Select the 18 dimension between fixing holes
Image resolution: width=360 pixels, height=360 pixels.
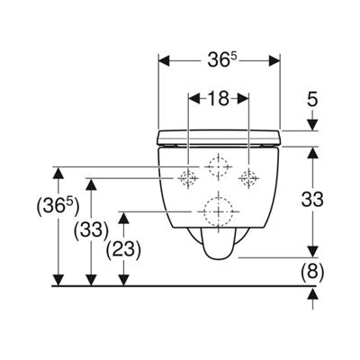[218, 99]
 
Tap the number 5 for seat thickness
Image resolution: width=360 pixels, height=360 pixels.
[312, 100]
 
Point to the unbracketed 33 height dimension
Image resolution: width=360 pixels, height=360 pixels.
[312, 200]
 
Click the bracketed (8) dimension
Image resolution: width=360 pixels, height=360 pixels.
[312, 272]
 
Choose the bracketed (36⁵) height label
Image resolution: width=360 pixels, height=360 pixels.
[58, 207]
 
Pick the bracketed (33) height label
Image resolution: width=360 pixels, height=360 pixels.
[91, 231]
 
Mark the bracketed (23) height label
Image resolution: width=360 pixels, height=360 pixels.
[123, 249]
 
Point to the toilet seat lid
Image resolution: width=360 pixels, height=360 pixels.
[219, 138]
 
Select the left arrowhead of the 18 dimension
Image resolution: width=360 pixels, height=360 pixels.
[194, 99]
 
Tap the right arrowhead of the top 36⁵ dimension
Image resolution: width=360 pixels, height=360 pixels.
[274, 60]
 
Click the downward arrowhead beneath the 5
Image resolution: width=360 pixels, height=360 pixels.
[312, 125]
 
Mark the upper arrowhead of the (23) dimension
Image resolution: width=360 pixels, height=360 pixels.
[123, 218]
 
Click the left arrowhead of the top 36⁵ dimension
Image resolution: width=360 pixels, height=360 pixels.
[164, 60]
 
